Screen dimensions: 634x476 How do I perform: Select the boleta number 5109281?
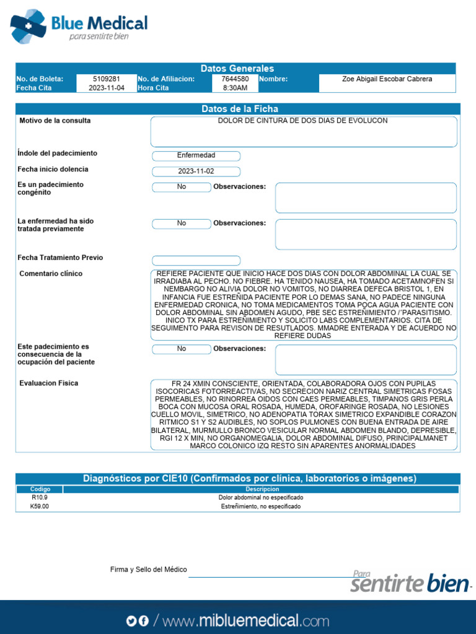point(106,79)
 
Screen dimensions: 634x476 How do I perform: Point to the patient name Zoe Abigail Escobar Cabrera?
point(387,79)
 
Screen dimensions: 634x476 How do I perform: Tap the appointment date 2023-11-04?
point(106,88)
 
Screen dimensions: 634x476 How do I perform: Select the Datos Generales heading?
point(237,68)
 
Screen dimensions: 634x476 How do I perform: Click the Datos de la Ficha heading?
point(240,109)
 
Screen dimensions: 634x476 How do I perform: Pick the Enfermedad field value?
point(196,155)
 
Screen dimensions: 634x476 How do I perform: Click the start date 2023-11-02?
point(196,172)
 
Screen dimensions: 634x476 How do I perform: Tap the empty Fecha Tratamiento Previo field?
point(196,261)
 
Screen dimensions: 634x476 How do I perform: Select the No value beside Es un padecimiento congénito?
point(182,187)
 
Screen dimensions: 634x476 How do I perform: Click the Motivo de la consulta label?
point(55,121)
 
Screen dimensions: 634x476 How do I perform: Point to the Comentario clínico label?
point(51,274)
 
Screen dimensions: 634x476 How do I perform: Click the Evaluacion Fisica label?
point(49,383)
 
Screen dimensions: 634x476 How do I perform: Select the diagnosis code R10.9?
point(39,498)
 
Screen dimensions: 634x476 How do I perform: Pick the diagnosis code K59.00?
point(39,506)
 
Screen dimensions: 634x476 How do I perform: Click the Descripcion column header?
point(261,489)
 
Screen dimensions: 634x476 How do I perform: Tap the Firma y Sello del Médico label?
point(148,570)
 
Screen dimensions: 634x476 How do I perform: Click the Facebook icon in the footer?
point(144,621)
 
